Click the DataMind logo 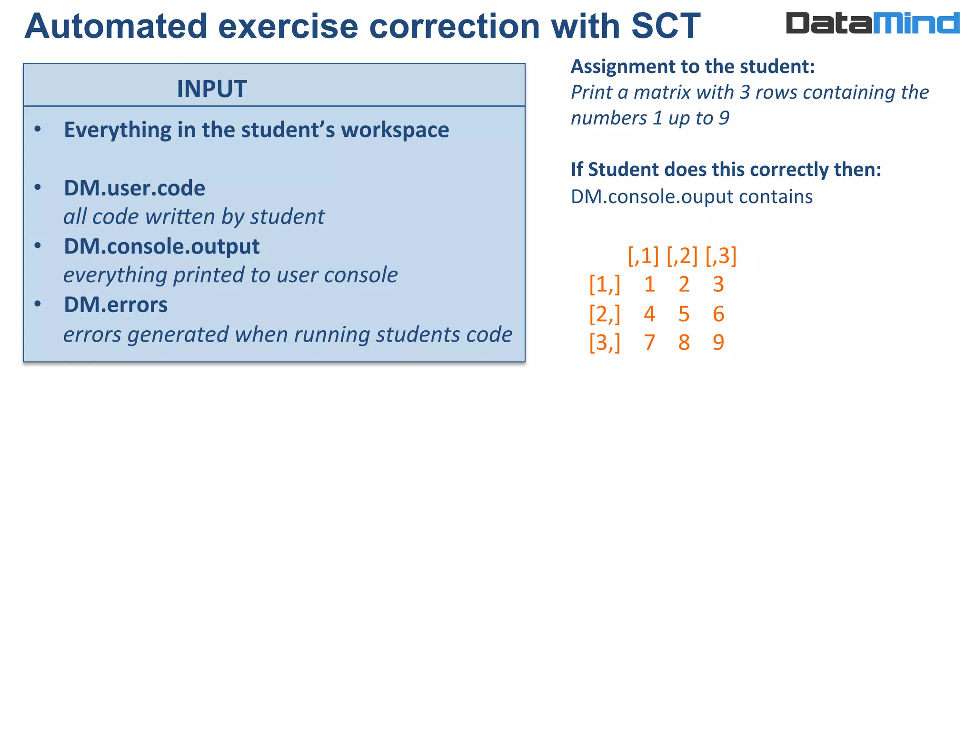(x=872, y=23)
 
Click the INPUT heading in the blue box (x=212, y=89)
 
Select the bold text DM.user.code (x=134, y=188)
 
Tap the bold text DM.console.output (x=161, y=246)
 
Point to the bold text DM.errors (x=116, y=305)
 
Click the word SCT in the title (x=666, y=26)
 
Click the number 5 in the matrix (x=684, y=314)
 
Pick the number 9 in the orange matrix (x=718, y=342)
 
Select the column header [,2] (x=682, y=255)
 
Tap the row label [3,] (x=605, y=342)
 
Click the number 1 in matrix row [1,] (x=649, y=285)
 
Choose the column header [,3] (x=721, y=255)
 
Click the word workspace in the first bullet (x=395, y=130)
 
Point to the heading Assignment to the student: (x=693, y=66)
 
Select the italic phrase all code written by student (x=194, y=217)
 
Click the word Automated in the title (x=116, y=26)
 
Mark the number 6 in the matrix (x=718, y=314)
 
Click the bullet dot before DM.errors (x=38, y=304)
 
